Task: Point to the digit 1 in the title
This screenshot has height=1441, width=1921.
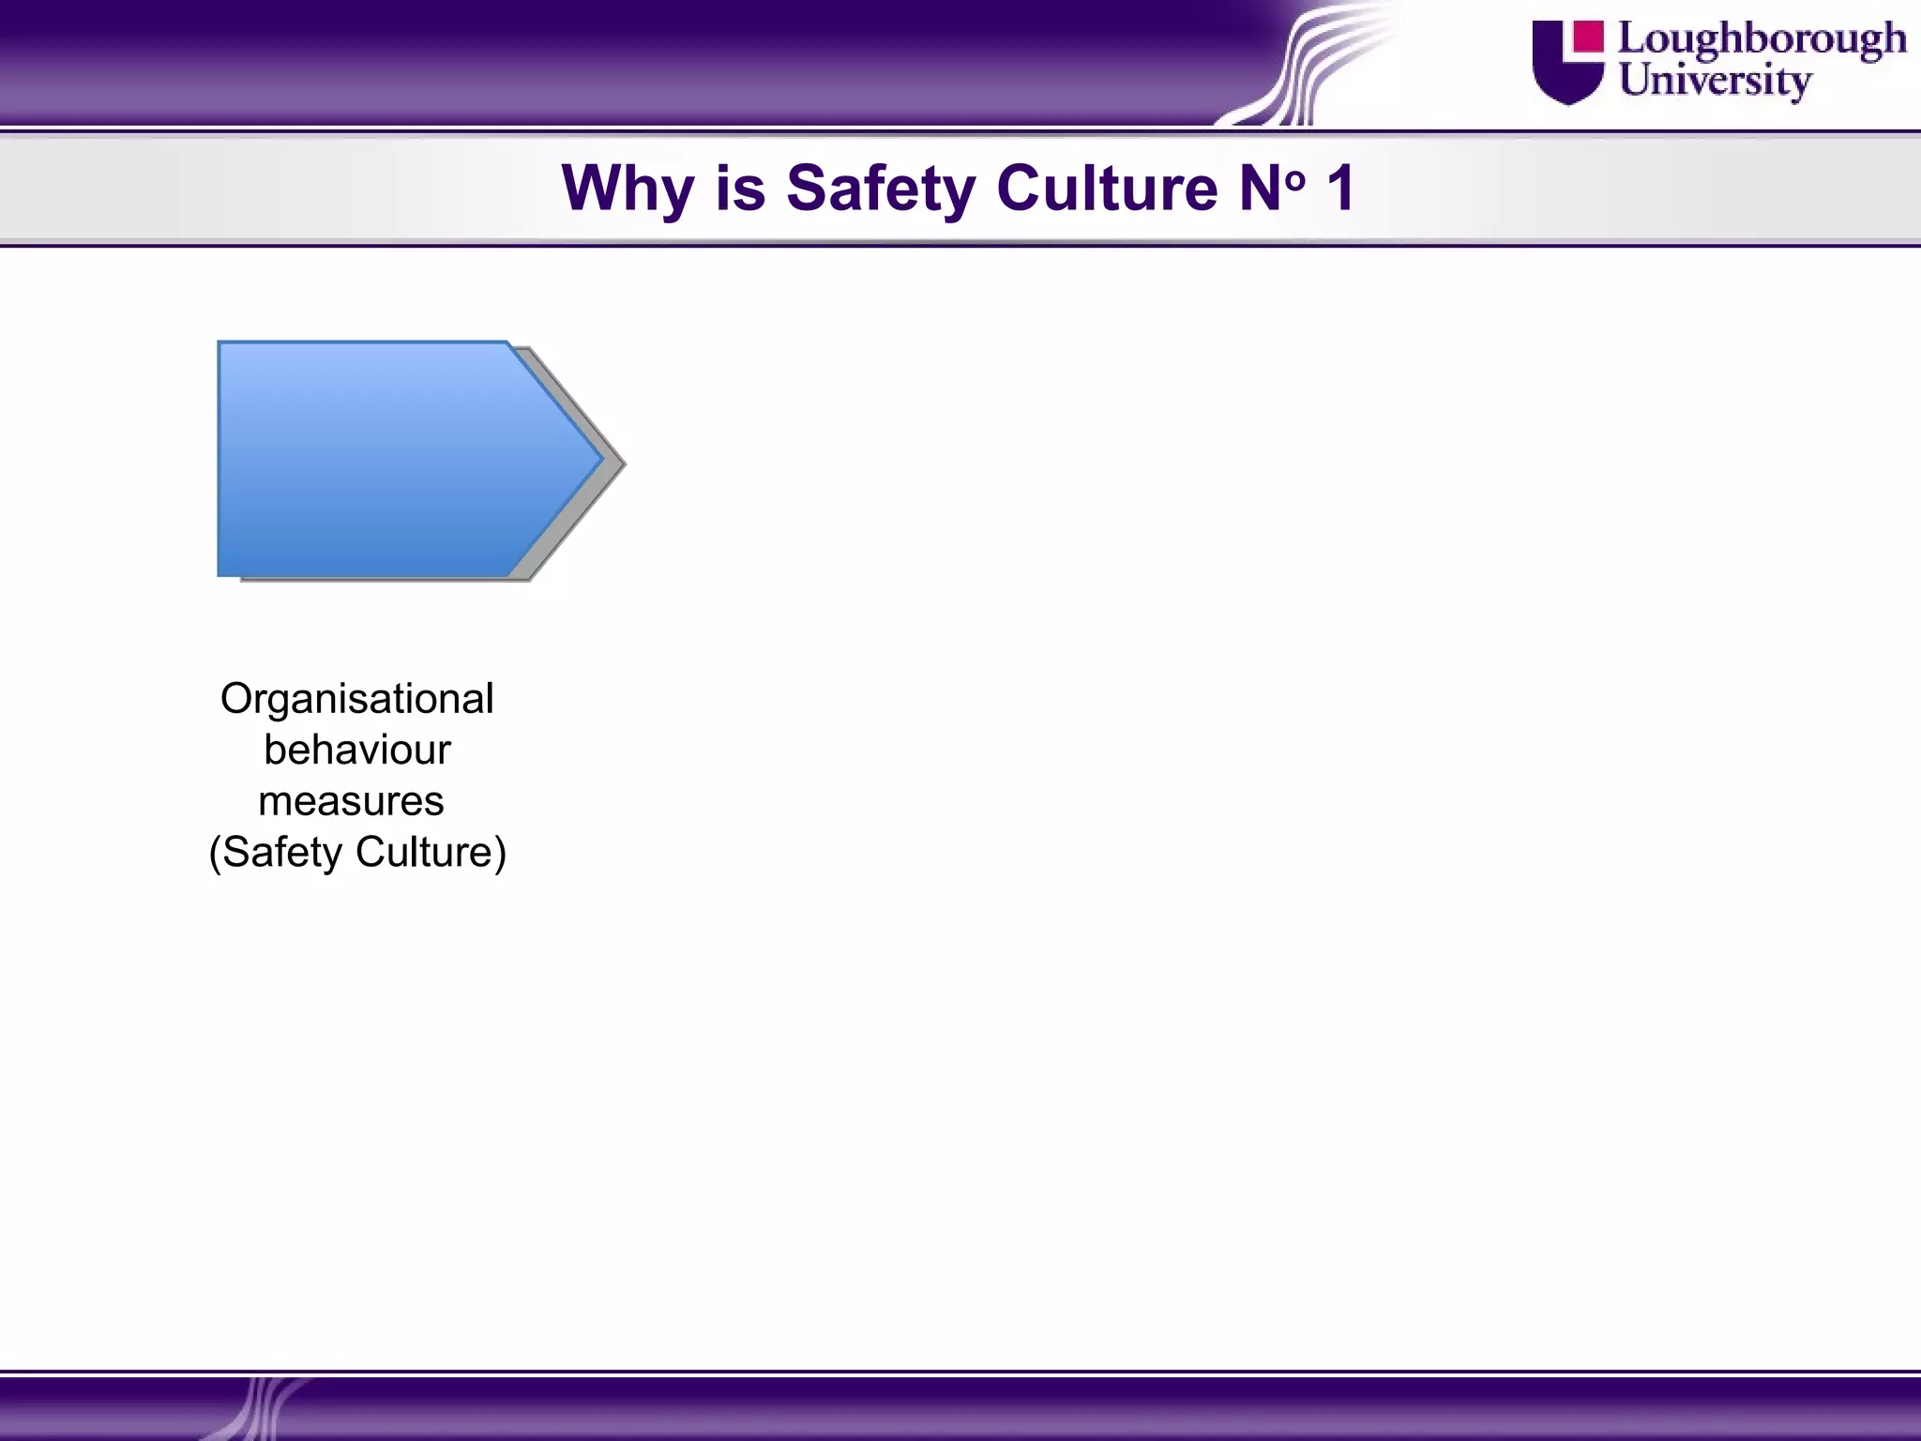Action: pos(1339,188)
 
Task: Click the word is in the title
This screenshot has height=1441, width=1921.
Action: pos(740,188)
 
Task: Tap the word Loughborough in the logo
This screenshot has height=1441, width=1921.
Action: pos(1762,40)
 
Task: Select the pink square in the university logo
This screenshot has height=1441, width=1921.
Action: pos(1588,37)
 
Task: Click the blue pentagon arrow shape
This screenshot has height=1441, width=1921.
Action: pos(375,459)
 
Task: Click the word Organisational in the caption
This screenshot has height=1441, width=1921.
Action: pos(356,699)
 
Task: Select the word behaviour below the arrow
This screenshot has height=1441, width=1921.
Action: pos(356,750)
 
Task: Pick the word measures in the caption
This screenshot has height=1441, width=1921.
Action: pos(351,801)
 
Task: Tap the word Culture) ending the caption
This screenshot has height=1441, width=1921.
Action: pos(431,853)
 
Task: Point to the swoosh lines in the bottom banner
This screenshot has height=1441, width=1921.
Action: pos(263,1407)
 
